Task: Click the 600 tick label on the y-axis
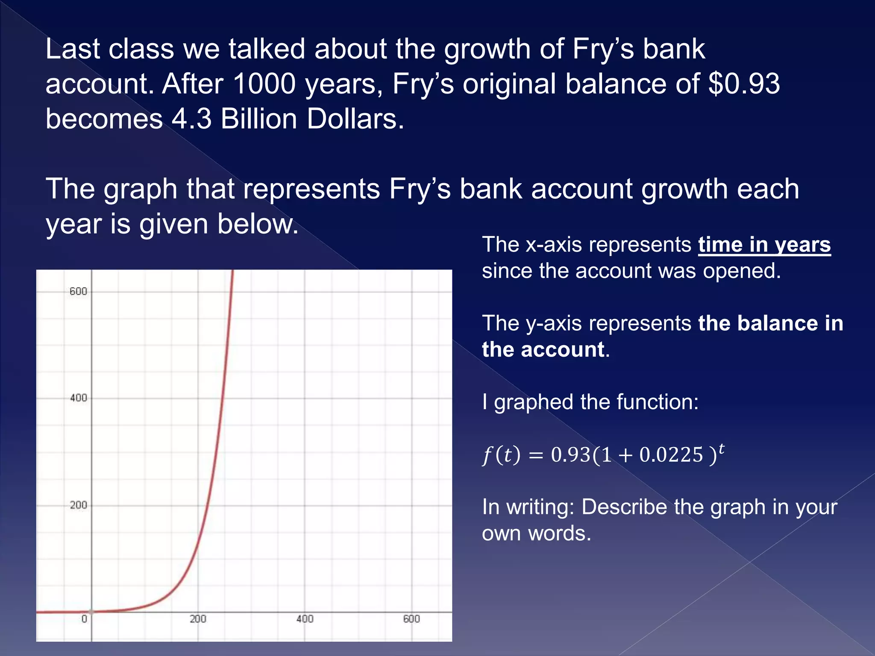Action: [78, 291]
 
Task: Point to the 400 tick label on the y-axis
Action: [78, 398]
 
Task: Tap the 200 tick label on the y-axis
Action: [78, 505]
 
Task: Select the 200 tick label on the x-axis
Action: [198, 619]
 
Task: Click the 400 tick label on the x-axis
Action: [305, 619]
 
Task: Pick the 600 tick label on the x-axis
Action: [411, 619]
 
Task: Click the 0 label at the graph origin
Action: [84, 619]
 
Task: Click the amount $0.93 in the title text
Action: [744, 84]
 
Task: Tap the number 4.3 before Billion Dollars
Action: [191, 119]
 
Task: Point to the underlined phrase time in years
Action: [764, 245]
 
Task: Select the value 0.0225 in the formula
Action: [671, 455]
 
